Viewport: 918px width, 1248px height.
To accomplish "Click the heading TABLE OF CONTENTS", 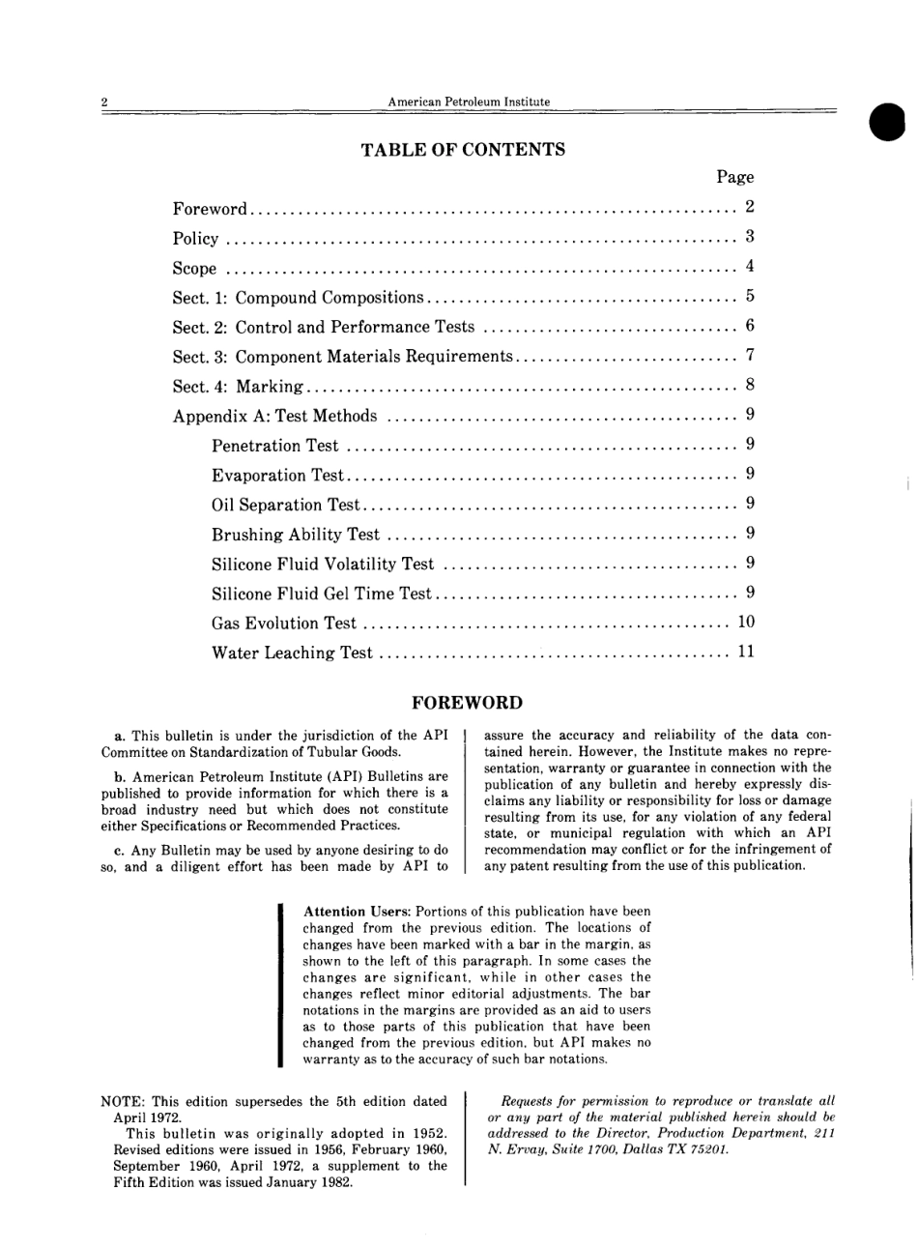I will (462, 150).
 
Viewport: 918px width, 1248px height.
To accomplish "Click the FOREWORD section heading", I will (467, 703).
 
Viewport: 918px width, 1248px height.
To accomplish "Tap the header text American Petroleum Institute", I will (469, 102).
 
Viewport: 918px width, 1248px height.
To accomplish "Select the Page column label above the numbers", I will (734, 177).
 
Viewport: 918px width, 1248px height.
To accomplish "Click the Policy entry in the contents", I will (195, 238).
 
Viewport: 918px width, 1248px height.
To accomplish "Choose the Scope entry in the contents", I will (194, 268).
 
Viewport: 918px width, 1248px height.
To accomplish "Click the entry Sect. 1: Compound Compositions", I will (298, 298).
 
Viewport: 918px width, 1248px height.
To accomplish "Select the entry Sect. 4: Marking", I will (239, 387).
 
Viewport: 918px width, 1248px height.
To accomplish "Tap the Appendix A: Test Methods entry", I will (274, 417).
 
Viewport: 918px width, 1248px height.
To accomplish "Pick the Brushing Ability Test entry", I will (295, 535).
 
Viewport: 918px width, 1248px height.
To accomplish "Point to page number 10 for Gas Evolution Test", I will (745, 623).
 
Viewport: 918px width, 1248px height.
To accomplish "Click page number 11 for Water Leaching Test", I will (745, 653).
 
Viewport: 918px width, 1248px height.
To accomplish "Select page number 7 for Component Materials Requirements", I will (749, 357).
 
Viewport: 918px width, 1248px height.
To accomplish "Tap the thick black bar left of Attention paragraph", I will (279, 985).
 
